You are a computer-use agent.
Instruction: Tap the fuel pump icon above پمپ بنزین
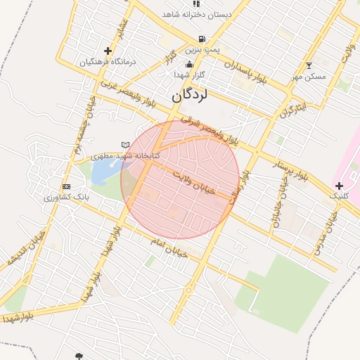202,39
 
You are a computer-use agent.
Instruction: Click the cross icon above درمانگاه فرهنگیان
108,51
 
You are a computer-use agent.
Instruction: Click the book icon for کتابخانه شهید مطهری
126,145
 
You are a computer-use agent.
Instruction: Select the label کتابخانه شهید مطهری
125,155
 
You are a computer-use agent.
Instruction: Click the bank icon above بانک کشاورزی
67,186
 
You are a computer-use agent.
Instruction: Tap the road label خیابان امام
169,247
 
